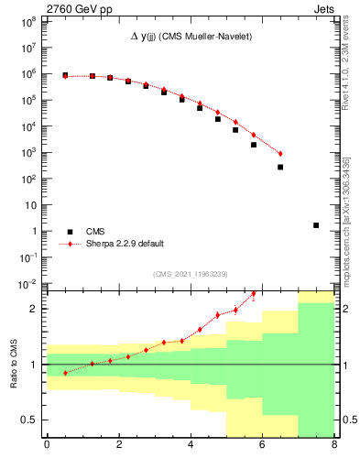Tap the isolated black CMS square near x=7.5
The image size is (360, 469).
click(x=316, y=225)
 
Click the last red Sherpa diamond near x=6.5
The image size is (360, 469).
click(x=280, y=153)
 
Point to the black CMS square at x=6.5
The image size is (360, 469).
click(x=280, y=167)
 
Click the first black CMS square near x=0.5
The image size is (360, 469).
click(x=65, y=75)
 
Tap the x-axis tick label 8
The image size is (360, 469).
click(x=334, y=446)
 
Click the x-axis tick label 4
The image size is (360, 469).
click(x=191, y=446)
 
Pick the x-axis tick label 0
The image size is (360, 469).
click(x=48, y=446)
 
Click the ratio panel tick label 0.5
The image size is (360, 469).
click(x=31, y=420)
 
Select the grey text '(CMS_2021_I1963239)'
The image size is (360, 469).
click(x=191, y=274)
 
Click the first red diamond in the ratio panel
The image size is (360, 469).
click(x=65, y=373)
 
